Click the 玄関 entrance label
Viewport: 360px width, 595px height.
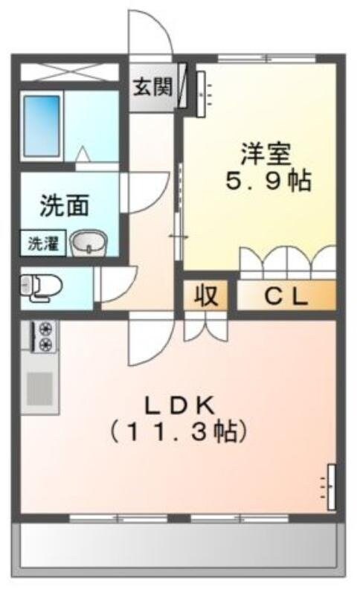coord(153,87)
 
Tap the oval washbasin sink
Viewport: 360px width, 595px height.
coord(89,242)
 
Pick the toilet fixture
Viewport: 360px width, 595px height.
coord(37,287)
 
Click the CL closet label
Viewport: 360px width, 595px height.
coord(286,297)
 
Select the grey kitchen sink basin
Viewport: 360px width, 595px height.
coord(39,387)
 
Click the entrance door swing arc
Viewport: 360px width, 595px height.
coord(151,33)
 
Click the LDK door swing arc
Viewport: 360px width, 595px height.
coord(148,342)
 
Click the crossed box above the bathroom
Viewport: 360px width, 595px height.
coord(68,72)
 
